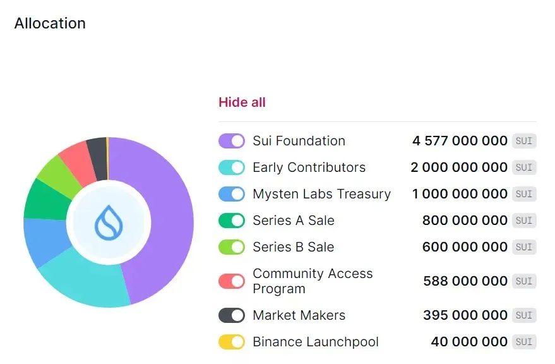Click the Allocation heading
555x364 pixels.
click(x=50, y=23)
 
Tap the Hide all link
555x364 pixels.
click(x=242, y=102)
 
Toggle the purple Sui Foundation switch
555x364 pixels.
click(x=232, y=141)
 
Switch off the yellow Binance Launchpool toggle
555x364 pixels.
click(x=232, y=342)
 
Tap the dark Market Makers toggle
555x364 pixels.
click(x=232, y=315)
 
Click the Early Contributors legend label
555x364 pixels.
click(x=309, y=167)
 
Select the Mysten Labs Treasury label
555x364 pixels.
click(x=321, y=194)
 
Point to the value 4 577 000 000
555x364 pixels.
click(x=460, y=141)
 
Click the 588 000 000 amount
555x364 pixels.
click(x=465, y=281)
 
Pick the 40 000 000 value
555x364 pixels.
click(x=469, y=342)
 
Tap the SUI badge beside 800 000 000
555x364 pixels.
click(x=524, y=221)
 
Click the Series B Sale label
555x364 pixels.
click(x=293, y=247)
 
